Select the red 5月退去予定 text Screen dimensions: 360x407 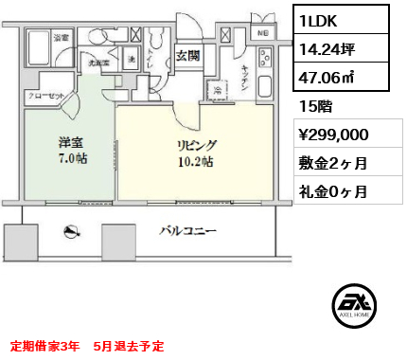[130, 344]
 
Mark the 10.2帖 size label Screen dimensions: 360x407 [194, 162]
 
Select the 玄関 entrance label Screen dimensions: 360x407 [187, 55]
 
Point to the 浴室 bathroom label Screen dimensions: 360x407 [60, 37]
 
